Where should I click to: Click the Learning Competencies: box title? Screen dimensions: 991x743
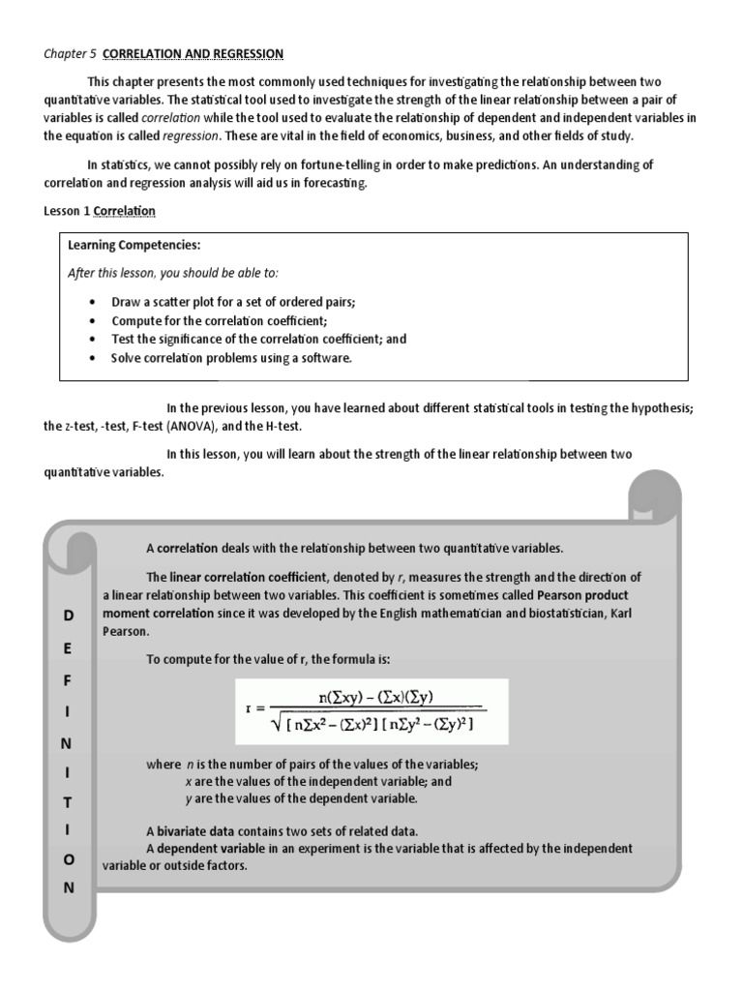click(x=134, y=245)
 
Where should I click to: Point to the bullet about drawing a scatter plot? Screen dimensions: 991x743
click(x=233, y=302)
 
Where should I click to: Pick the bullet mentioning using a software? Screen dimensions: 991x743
click(x=231, y=358)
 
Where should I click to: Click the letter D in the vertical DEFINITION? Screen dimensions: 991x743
click(x=69, y=616)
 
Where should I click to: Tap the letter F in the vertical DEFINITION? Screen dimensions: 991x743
click(x=69, y=680)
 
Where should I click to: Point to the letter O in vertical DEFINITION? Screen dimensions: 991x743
click(x=69, y=859)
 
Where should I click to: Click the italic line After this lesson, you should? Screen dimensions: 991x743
click(x=172, y=273)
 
